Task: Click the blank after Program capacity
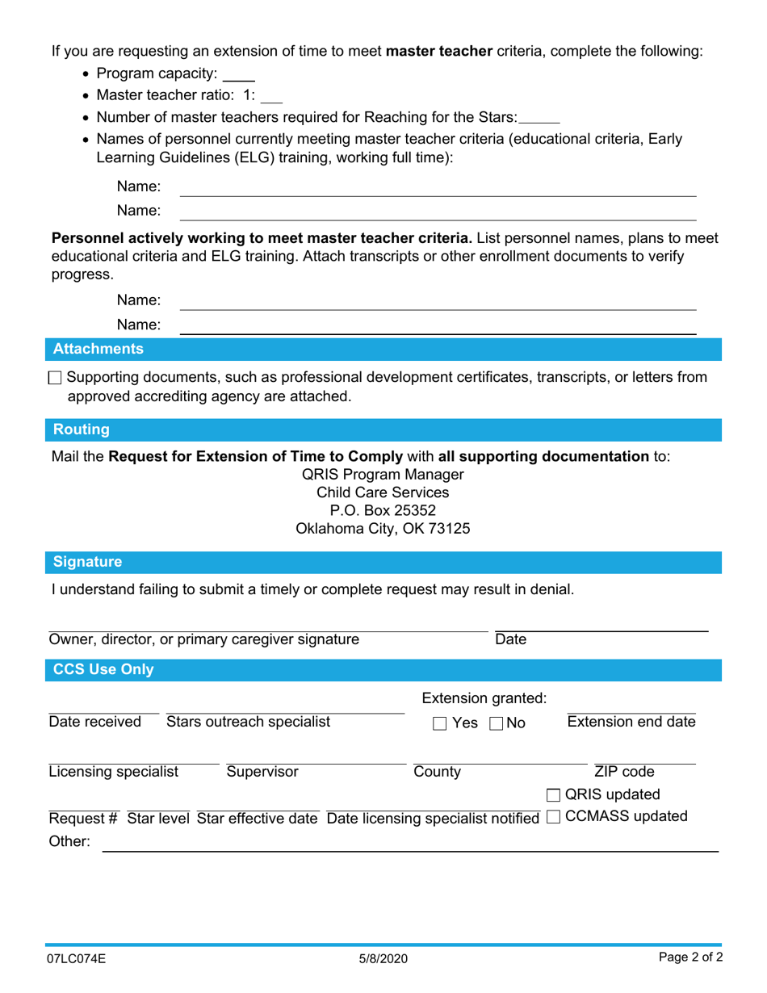tap(238, 75)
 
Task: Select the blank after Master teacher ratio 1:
tap(272, 96)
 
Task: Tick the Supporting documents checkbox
tap(55, 378)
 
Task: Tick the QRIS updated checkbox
tap(553, 795)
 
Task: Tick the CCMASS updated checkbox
tap(553, 817)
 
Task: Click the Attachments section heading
tap(98, 350)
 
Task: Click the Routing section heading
tap(81, 429)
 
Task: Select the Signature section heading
tap(87, 562)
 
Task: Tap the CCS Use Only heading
tap(103, 669)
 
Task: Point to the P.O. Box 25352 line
tap(383, 511)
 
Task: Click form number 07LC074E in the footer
tap(75, 959)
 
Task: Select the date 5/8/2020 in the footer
tap(383, 959)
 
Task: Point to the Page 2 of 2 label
tap(690, 958)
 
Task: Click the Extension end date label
tap(631, 722)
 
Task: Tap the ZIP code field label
tap(624, 772)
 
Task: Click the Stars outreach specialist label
tap(248, 722)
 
